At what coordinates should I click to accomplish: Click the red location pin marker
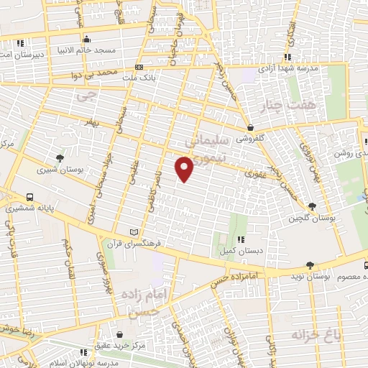click(x=185, y=170)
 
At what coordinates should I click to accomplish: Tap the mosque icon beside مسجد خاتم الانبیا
click(x=87, y=38)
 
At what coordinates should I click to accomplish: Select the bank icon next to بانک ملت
click(x=138, y=67)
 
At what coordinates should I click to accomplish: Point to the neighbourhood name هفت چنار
click(x=293, y=106)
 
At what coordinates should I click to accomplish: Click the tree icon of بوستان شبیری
click(x=60, y=157)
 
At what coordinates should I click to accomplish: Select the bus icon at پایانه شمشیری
click(x=29, y=197)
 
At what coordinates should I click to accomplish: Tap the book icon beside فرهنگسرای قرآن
click(x=132, y=232)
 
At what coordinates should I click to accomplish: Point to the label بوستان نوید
click(x=332, y=276)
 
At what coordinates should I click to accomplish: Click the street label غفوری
click(x=255, y=173)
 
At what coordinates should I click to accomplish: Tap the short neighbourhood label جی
click(x=88, y=93)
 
